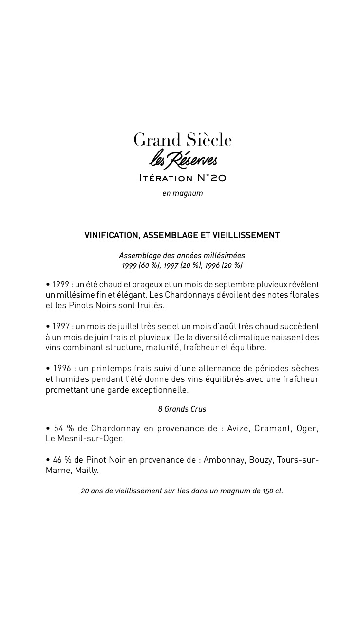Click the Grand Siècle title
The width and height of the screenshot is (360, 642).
coord(183,140)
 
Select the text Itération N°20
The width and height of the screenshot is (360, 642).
coord(183,178)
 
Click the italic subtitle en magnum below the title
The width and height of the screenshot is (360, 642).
coord(183,193)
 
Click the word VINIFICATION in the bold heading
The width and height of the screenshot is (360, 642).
coord(112,235)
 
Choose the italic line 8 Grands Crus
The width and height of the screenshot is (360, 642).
coord(182,409)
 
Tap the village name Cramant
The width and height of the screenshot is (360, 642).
coord(274,428)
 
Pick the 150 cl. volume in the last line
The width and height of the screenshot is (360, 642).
coord(273,491)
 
